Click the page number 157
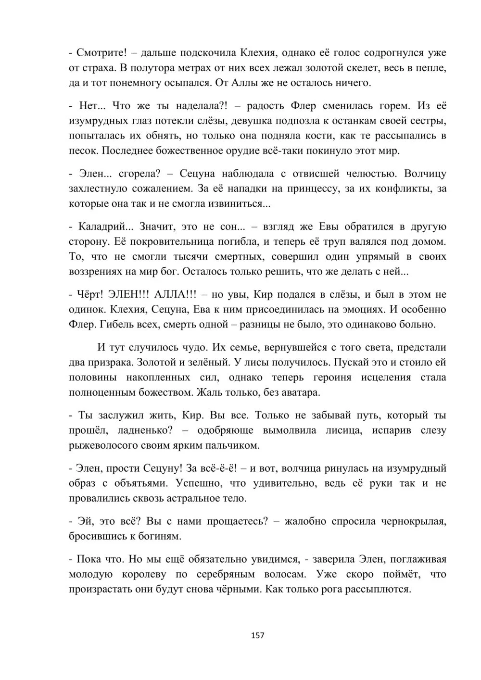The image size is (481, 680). pyautogui.click(x=258, y=635)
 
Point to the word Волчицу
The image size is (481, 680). pyautogui.click(x=425, y=173)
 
